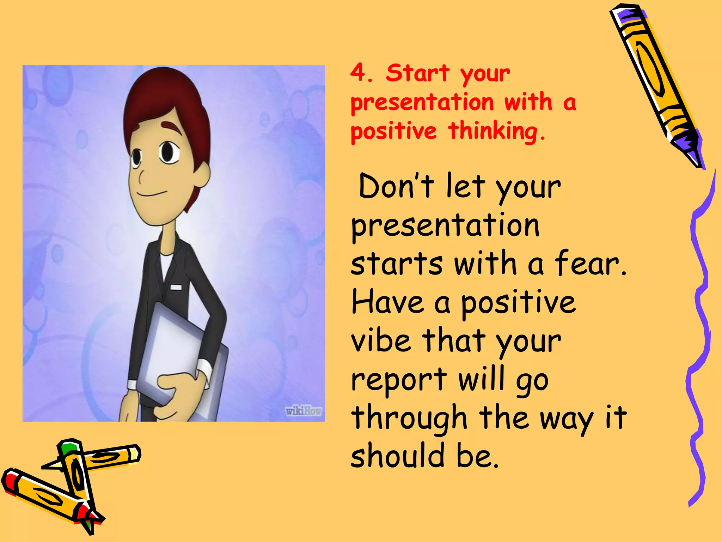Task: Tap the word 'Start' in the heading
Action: click(417, 73)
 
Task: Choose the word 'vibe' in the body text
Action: click(381, 340)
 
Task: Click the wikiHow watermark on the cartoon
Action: click(303, 411)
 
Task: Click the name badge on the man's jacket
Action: click(176, 287)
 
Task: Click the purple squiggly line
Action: click(700, 335)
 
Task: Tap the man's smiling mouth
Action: click(152, 194)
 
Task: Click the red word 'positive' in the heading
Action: click(393, 131)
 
